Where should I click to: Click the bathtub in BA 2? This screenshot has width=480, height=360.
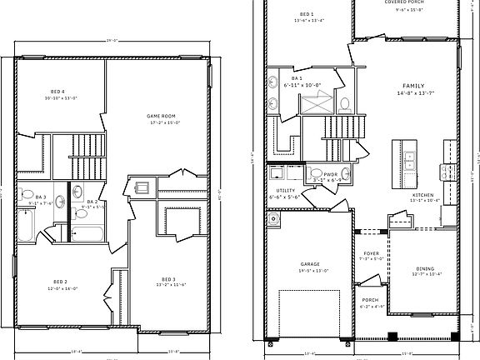83,232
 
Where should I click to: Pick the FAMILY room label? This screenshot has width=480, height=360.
413,86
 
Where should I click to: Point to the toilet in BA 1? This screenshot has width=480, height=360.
345,104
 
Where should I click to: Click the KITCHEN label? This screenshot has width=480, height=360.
422,193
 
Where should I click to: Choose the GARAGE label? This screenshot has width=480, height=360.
310,265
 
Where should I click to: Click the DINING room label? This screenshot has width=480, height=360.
426,267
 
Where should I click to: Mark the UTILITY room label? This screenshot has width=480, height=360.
286,190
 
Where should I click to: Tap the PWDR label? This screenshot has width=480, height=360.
318,173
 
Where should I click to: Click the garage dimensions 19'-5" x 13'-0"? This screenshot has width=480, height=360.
310,271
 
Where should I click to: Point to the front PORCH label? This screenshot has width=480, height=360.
370,301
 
